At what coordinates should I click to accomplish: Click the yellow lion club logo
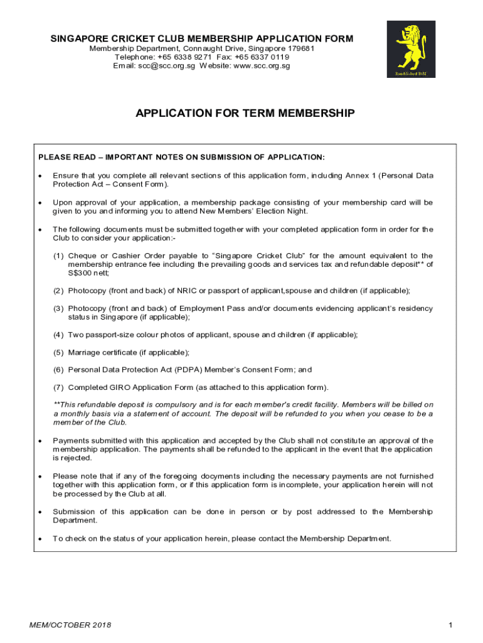point(411,49)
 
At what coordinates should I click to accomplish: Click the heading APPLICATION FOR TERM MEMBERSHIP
point(245,114)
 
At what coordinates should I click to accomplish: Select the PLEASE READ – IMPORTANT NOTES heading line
point(182,156)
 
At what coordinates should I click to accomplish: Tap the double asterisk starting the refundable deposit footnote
point(56,404)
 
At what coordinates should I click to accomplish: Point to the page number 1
point(450,625)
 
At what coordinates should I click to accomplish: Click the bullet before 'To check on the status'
point(40,539)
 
